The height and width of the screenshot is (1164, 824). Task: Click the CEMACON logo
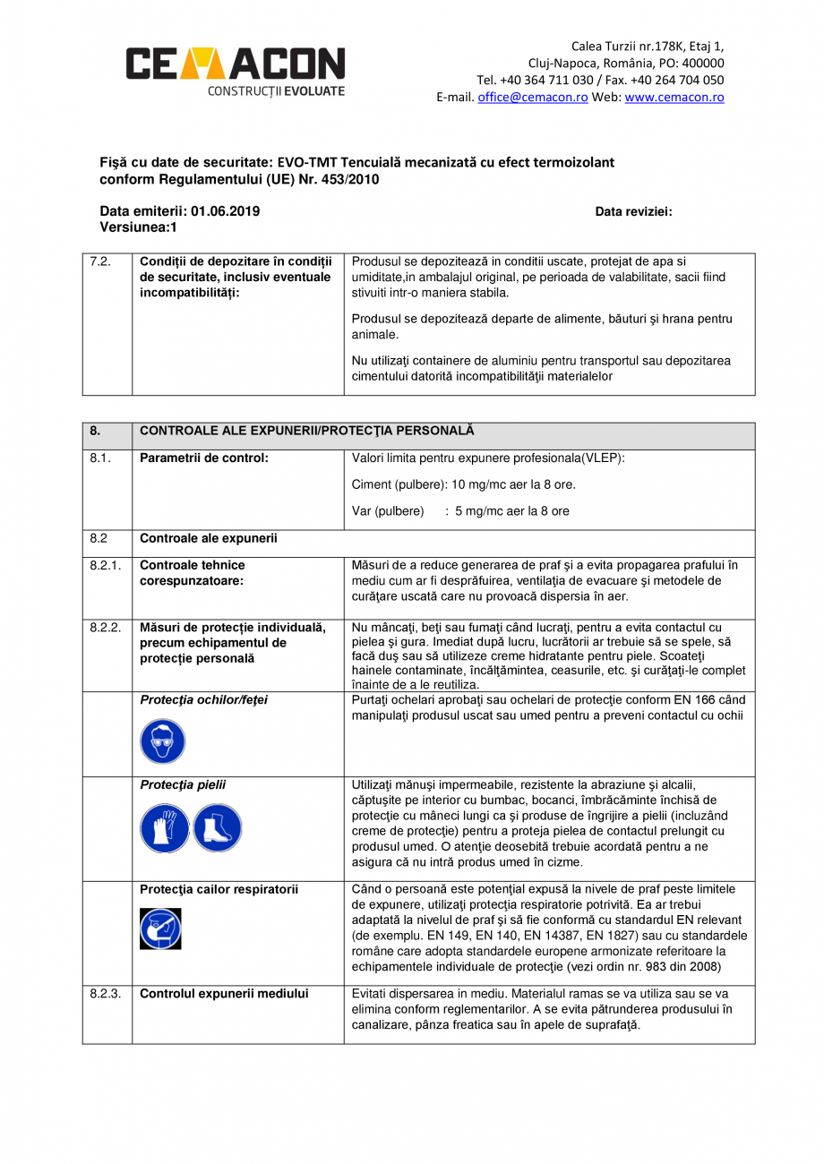click(235, 69)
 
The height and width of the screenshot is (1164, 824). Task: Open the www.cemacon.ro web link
click(674, 98)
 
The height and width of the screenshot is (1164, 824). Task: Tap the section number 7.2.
click(100, 262)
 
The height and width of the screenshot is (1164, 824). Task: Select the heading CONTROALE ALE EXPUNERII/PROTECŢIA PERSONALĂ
click(307, 432)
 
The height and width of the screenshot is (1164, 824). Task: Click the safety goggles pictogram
click(162, 741)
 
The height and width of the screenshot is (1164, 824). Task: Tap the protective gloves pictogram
click(164, 827)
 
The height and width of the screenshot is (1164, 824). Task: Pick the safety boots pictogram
click(218, 827)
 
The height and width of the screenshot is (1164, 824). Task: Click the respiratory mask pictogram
click(161, 929)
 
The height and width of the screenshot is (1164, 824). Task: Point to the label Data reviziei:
click(633, 212)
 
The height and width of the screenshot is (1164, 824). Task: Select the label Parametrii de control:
click(204, 458)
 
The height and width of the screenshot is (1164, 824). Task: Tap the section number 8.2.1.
click(106, 566)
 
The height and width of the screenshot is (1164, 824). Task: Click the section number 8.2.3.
click(106, 994)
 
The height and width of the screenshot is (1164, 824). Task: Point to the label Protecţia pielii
click(183, 785)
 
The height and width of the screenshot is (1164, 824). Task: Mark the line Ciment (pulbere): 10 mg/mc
click(463, 485)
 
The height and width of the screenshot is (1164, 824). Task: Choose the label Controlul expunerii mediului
click(224, 994)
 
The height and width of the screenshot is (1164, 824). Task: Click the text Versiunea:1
click(138, 228)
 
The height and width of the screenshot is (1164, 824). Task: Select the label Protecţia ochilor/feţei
click(203, 700)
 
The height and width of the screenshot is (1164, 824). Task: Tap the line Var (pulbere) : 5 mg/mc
click(459, 512)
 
